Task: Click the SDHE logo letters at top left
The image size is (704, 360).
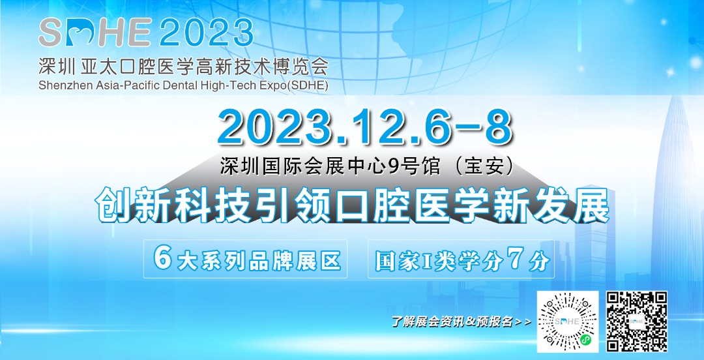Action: pyautogui.click(x=95, y=33)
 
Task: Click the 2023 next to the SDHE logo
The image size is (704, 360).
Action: pyautogui.click(x=206, y=33)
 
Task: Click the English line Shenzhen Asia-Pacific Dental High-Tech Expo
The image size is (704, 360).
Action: pyautogui.click(x=183, y=85)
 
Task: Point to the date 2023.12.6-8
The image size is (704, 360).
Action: pyautogui.click(x=364, y=128)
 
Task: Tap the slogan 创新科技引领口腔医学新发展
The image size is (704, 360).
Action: pyautogui.click(x=352, y=205)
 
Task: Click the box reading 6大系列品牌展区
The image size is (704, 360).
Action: pyautogui.click(x=246, y=260)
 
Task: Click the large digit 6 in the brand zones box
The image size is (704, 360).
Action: pyautogui.click(x=163, y=259)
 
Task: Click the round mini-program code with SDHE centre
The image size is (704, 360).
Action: pyautogui.click(x=567, y=322)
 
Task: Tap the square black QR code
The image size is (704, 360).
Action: pyautogui.click(x=637, y=322)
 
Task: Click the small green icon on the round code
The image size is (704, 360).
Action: pyautogui.click(x=585, y=340)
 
